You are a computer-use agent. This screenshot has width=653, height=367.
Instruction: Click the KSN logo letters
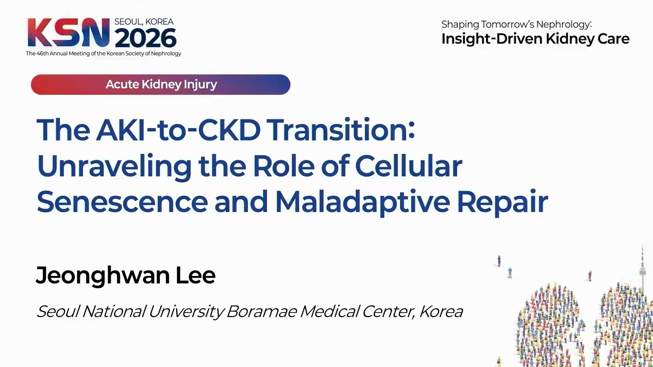click(68, 33)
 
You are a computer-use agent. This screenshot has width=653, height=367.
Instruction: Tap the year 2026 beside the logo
click(146, 38)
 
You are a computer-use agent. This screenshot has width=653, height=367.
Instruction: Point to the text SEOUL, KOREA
click(144, 22)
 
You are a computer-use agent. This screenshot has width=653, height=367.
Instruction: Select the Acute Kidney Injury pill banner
click(161, 85)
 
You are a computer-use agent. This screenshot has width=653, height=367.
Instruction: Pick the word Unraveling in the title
click(115, 167)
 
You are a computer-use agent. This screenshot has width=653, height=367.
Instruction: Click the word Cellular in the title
click(408, 165)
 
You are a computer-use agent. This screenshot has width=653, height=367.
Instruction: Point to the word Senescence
click(122, 202)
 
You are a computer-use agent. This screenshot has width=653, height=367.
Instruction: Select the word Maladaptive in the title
click(363, 203)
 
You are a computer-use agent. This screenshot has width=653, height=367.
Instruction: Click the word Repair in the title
click(502, 203)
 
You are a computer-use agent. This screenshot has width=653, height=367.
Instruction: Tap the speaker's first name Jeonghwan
click(102, 276)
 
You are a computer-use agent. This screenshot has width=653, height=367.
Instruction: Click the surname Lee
click(196, 275)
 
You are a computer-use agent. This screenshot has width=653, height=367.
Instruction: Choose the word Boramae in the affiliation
click(261, 311)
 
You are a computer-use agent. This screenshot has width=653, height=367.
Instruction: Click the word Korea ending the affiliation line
click(441, 311)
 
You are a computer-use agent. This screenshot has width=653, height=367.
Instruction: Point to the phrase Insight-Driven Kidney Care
click(535, 39)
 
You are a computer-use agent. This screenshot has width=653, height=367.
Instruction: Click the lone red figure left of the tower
click(590, 276)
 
